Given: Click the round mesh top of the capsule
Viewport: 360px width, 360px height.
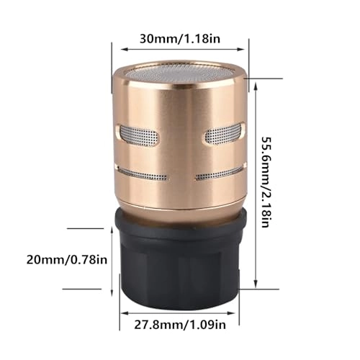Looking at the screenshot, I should click(x=179, y=74).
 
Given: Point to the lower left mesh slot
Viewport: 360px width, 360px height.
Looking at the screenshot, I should click(x=144, y=174).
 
